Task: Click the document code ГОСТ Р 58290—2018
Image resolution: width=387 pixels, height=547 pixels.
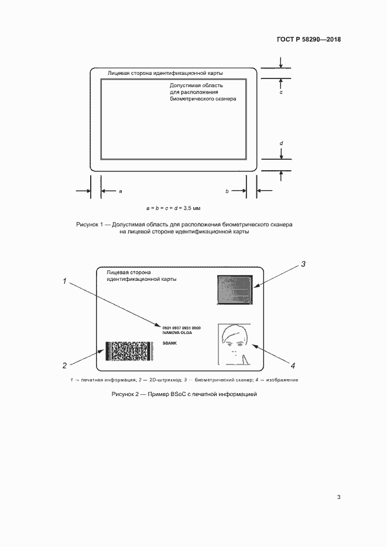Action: [308, 40]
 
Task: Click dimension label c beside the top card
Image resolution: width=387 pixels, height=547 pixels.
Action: [281, 92]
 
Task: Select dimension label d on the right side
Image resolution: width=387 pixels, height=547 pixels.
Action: [281, 143]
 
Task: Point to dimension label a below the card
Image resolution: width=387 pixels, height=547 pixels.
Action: [121, 191]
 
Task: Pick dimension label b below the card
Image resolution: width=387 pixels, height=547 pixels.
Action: [227, 191]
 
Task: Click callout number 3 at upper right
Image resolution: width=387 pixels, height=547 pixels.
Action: [303, 264]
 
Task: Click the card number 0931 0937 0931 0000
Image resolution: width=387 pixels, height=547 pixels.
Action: [181, 328]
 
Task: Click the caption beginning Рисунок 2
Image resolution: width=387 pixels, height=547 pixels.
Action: [184, 395]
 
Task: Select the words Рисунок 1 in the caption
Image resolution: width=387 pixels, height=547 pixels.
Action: [90, 224]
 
